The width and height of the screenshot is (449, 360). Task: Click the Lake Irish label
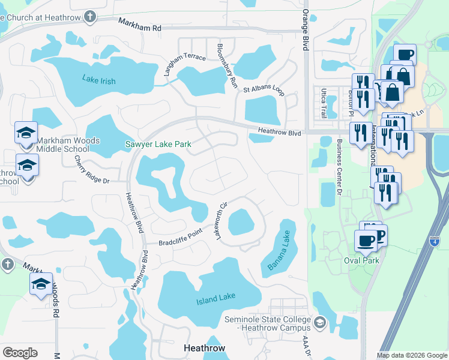tap(98, 81)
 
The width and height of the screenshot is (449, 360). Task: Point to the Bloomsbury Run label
tap(228, 63)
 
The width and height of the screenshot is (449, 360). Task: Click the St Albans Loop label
tap(263, 89)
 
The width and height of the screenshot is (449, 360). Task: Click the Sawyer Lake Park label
tap(158, 144)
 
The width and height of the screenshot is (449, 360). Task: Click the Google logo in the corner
tap(20, 352)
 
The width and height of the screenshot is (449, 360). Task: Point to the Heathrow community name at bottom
tap(203, 348)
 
